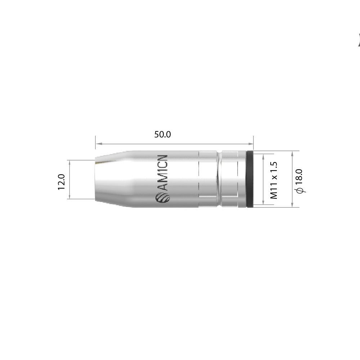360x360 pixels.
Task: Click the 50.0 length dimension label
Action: (x=162, y=134)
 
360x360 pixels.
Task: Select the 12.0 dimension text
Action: (x=62, y=182)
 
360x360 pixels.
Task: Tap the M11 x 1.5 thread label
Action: (x=274, y=180)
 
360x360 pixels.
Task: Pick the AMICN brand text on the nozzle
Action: (x=163, y=173)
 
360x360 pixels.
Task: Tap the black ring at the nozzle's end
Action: (x=250, y=179)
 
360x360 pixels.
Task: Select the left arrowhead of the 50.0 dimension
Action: (x=98, y=144)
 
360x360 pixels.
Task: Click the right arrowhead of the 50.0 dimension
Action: (x=251, y=144)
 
